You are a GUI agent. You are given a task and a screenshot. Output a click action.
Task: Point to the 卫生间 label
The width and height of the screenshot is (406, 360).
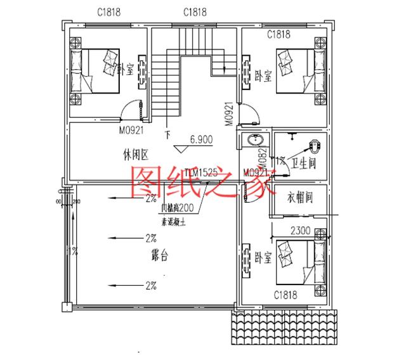point(304,164)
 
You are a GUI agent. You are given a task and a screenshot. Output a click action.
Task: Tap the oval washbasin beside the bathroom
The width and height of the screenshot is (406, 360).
point(256,140)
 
